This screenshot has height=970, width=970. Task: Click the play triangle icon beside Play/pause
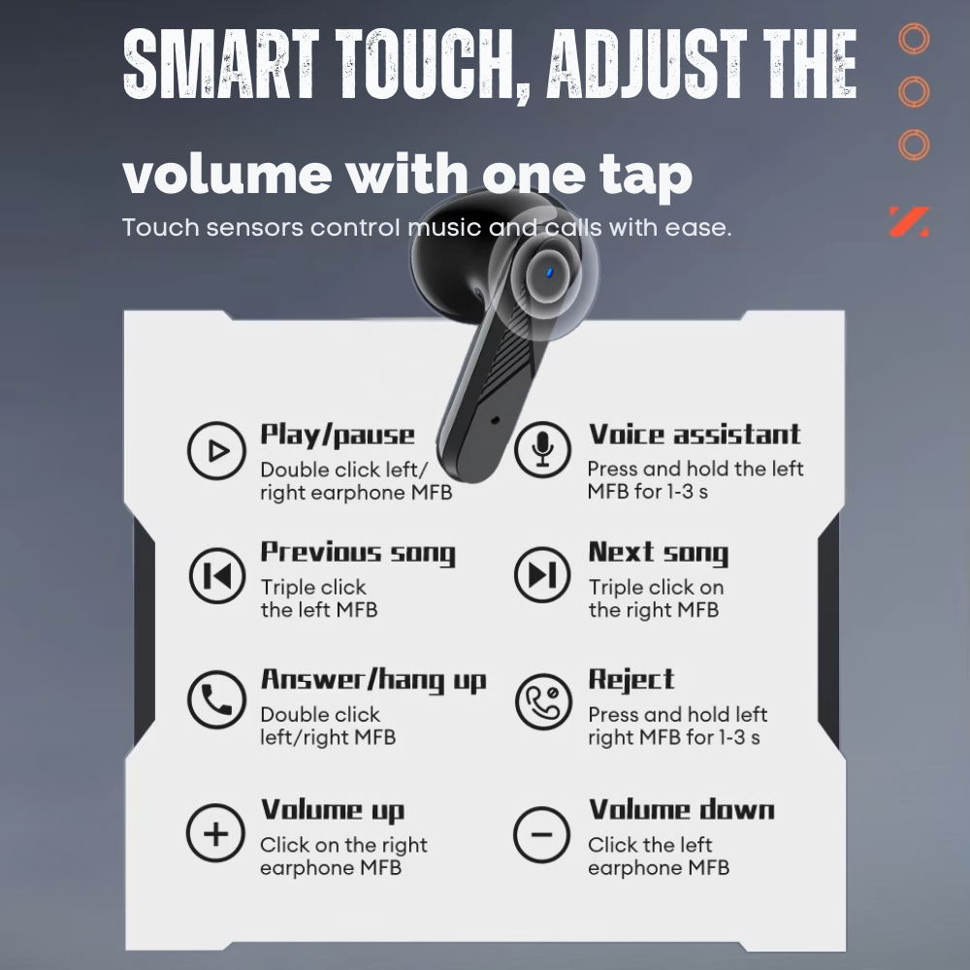[216, 451]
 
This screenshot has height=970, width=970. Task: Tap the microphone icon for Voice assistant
[542, 449]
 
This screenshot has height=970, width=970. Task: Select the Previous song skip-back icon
[217, 575]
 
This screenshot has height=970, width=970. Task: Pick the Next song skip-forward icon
[542, 574]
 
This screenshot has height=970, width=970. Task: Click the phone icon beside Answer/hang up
[216, 699]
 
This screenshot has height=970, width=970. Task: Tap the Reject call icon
[543, 702]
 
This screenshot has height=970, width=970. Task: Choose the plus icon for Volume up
[215, 833]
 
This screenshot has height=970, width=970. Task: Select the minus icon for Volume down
[542, 834]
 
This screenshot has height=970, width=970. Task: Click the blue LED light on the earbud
[549, 273]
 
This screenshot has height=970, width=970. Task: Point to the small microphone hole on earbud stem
[495, 421]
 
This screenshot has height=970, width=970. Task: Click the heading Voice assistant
[695, 435]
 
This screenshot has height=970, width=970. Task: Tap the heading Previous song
[358, 553]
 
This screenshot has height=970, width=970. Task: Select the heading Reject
[631, 679]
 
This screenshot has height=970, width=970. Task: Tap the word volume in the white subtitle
[227, 174]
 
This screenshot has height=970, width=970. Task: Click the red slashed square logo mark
[909, 221]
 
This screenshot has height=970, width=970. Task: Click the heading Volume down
[681, 810]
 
